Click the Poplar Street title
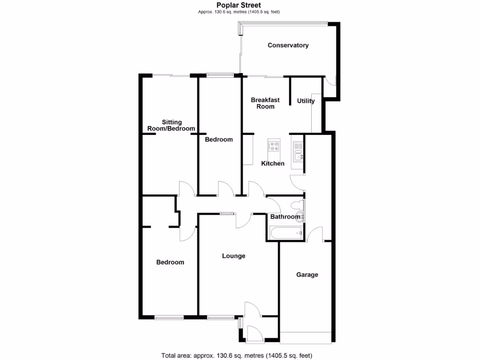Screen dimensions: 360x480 click(242, 5)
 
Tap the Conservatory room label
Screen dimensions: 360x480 click(288, 45)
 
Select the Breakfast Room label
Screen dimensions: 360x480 click(265, 103)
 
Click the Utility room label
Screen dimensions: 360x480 click(306, 101)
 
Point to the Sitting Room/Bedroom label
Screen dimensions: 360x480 click(171, 125)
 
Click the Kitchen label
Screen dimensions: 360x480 click(273, 164)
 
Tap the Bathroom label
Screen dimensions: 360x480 click(285, 217)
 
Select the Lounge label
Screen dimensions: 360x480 click(233, 256)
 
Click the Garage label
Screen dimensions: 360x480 click(307, 275)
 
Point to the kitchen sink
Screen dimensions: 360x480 click(298, 151)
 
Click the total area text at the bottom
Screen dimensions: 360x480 click(237, 355)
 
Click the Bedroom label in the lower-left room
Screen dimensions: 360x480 click(170, 262)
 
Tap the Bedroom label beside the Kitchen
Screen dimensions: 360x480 click(219, 139)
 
